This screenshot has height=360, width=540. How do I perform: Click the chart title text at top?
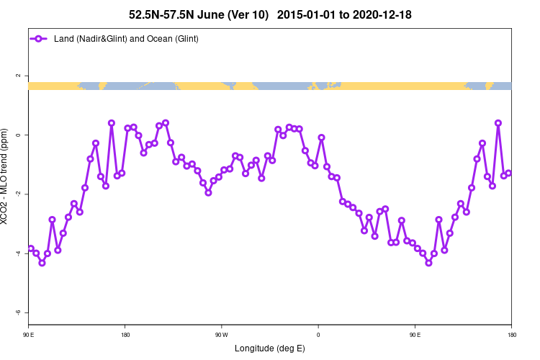tap(270, 14)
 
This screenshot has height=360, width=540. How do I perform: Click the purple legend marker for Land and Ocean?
tap(40, 38)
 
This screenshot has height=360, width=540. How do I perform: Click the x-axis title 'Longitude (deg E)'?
tap(270, 348)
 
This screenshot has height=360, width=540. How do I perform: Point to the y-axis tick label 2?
tap(19, 76)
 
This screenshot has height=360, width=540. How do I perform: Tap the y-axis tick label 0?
tap(19, 135)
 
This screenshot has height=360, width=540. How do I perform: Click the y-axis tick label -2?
tap(18, 194)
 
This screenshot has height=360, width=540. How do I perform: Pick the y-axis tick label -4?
tap(18, 253)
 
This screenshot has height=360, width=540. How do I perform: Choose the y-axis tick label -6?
tap(18, 312)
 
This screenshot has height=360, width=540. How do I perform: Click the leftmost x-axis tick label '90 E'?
tap(28, 335)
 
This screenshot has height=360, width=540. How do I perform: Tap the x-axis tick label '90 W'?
tap(221, 335)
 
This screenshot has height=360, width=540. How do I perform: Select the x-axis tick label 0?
tap(318, 335)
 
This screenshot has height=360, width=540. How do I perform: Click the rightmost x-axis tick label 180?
tap(511, 335)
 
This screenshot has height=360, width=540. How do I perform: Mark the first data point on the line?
tap(31, 248)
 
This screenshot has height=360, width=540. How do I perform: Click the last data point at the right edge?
tap(508, 173)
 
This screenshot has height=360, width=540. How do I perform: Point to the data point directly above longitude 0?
tap(321, 138)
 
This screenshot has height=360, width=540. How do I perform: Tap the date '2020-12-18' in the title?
tap(379, 14)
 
